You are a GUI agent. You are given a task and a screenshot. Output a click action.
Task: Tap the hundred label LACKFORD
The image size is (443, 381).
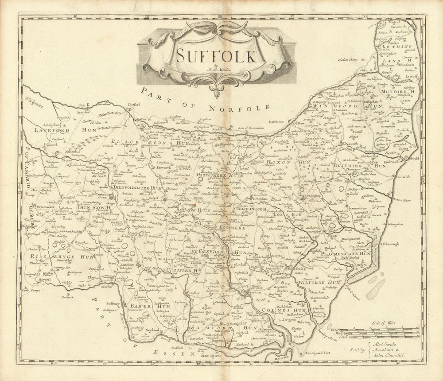(x=47, y=131)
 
